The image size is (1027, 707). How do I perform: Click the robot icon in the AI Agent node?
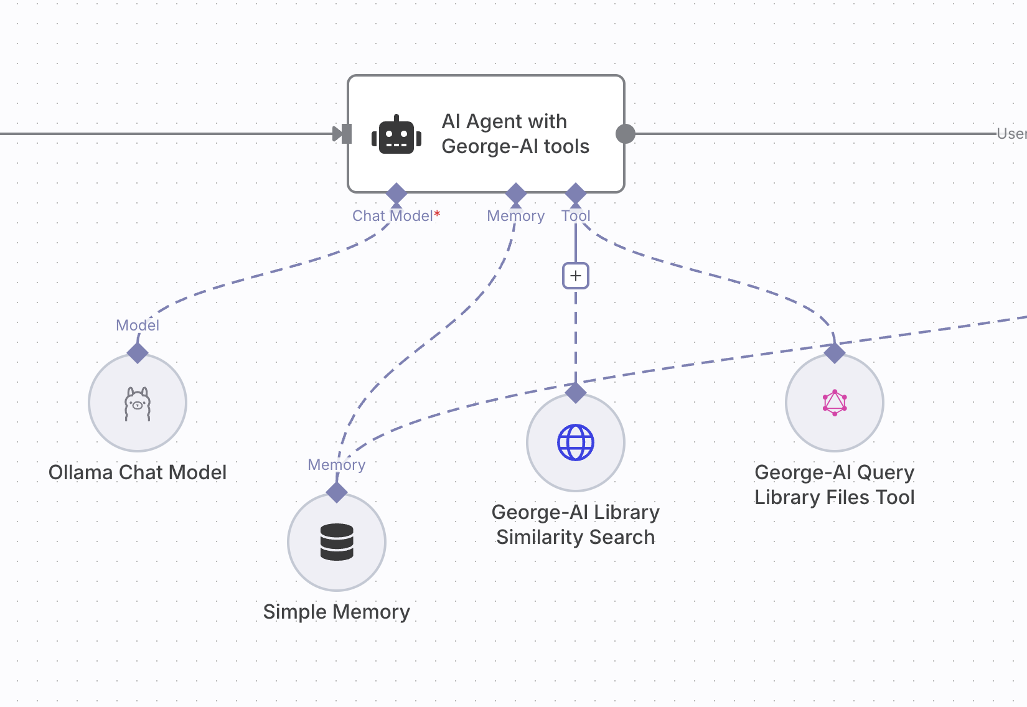pos(396,134)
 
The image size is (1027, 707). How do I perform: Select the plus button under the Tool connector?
pos(576,276)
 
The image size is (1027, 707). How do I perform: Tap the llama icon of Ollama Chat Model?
pos(138,404)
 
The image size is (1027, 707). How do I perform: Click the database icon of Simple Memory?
pos(337,542)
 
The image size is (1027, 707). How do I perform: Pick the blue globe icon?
pos(576,442)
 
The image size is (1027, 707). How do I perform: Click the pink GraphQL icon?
pos(835,403)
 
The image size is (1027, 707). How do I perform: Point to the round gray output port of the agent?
pos(625,133)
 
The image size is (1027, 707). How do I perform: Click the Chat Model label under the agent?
pos(392,216)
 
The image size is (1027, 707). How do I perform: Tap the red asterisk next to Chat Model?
pos(438,213)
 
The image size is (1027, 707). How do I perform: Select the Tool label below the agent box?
pos(576,216)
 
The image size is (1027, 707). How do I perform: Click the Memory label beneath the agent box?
pos(515,216)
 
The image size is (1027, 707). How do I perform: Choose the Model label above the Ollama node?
pos(138,325)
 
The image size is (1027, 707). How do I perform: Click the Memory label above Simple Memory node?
pos(337,465)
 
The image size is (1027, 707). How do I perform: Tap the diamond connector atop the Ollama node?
pos(138,353)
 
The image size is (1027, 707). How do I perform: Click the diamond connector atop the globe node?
pos(576,393)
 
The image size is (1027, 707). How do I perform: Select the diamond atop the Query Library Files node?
pos(835,353)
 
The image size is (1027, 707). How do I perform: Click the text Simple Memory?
pos(337,612)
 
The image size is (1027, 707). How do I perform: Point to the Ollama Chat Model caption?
pos(138,472)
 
